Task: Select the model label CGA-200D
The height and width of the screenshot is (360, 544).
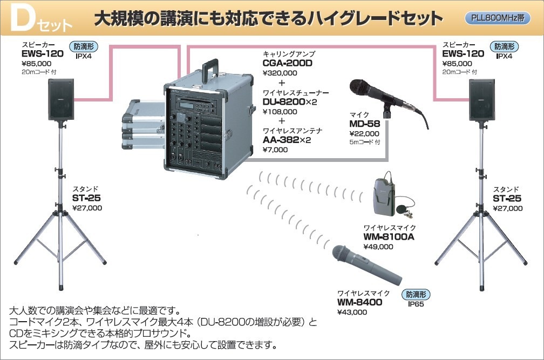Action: (288, 63)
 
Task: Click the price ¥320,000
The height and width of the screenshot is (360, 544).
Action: (280, 73)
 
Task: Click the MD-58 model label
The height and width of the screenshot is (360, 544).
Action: (364, 124)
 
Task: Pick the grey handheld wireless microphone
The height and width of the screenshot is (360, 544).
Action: (367, 266)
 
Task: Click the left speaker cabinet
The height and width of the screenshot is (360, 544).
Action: (60, 100)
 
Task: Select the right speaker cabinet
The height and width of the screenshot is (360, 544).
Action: (481, 100)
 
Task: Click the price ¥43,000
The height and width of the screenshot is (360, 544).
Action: (351, 312)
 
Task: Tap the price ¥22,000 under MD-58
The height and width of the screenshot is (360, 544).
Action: (364, 134)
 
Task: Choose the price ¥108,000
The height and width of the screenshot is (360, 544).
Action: (280, 112)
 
